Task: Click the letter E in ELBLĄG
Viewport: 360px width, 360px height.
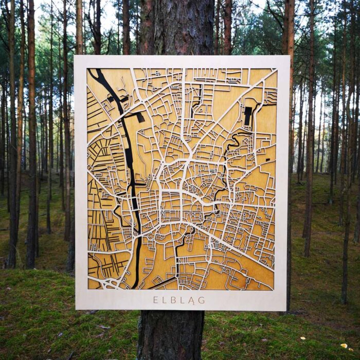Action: tap(155, 300)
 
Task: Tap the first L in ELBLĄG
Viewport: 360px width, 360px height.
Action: tap(165, 300)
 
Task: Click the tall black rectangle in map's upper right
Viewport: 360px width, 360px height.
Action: tap(248, 116)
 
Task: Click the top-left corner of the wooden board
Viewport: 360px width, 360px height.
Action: tap(75, 56)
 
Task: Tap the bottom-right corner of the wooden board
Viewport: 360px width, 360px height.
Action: tap(288, 310)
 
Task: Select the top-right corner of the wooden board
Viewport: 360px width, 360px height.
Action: tap(289, 57)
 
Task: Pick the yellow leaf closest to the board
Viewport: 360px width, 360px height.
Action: tap(302, 338)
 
